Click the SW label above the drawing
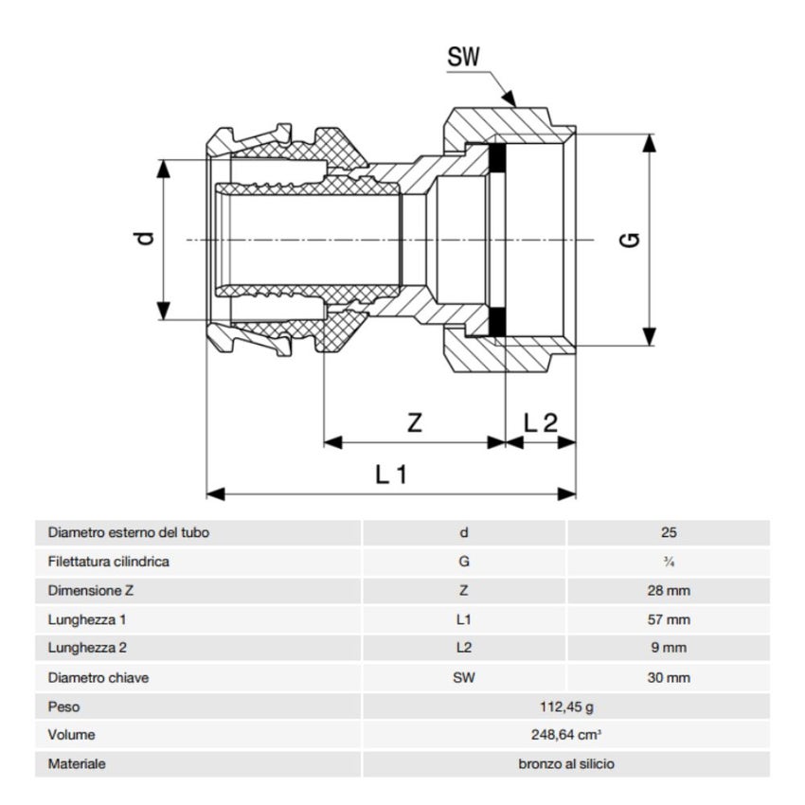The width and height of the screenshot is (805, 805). coord(464,58)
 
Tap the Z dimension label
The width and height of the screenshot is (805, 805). coord(415,423)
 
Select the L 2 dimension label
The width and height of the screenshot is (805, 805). coord(541,423)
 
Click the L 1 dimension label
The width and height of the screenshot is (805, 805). coord(390,474)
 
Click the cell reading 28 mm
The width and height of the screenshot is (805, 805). coord(670,591)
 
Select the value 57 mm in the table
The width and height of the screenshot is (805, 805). coord(670,620)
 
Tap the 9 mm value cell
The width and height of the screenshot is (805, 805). coord(670,649)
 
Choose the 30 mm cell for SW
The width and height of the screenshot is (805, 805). coord(670,678)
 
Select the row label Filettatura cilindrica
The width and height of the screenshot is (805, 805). coord(108,562)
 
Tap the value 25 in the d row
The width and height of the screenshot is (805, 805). coord(670,533)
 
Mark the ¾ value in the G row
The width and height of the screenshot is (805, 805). coord(670,562)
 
